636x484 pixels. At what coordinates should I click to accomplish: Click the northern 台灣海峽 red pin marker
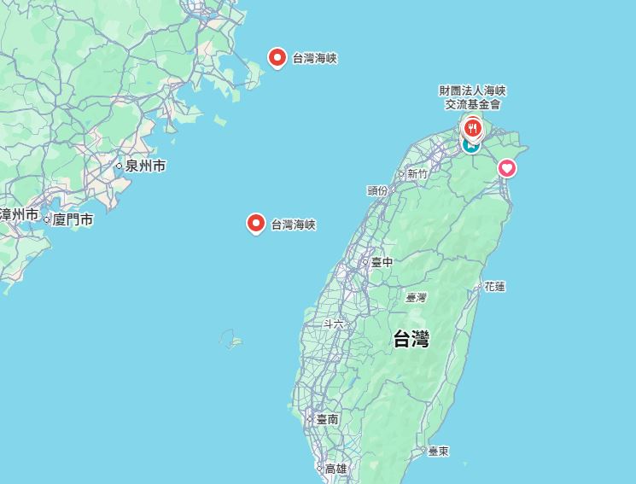pos(277,57)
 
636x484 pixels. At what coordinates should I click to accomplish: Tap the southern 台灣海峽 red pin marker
pos(255,224)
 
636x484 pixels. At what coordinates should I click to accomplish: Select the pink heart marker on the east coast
pos(507,168)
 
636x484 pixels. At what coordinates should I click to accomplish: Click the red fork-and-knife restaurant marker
pos(472,128)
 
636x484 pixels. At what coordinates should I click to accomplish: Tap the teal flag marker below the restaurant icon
pos(470,145)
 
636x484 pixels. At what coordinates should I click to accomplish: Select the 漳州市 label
pos(19,214)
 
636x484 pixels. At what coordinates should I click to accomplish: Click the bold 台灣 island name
pos(411,339)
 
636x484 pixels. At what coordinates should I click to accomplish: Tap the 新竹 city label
pos(417,173)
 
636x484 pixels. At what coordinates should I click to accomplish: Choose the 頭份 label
pos(377,190)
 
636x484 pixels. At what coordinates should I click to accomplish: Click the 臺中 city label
pos(382,262)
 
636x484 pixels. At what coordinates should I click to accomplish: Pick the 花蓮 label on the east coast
pos(494,286)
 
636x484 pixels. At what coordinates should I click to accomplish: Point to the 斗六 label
pos(334,324)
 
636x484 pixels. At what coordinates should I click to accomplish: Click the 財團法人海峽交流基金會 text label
pos(473,97)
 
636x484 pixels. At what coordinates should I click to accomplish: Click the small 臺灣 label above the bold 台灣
pos(416,297)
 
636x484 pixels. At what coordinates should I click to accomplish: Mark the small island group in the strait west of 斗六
pos(231,340)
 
